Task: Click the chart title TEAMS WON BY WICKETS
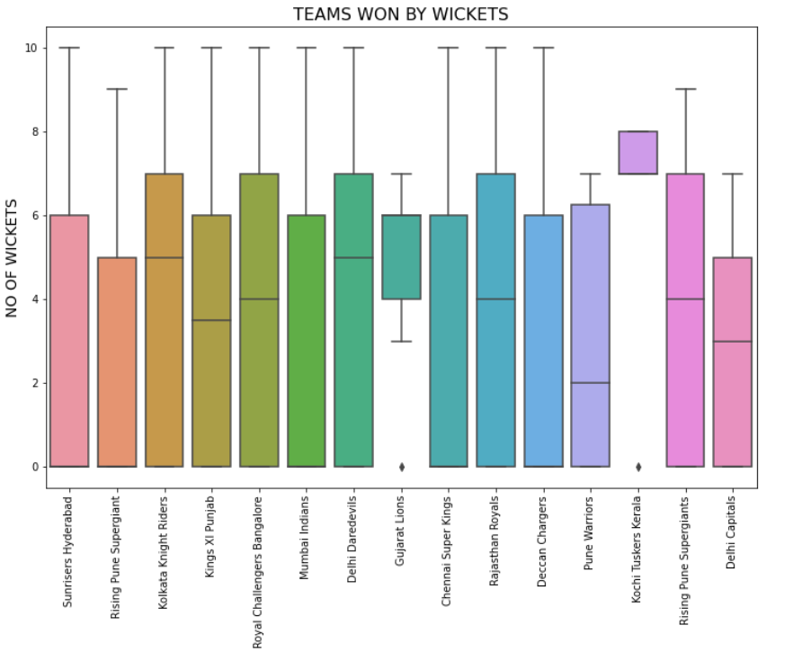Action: [401, 14]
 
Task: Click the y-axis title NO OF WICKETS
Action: [13, 258]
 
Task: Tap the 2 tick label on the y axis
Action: [36, 383]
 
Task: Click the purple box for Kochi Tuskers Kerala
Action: [637, 152]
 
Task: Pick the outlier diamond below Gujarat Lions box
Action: [401, 467]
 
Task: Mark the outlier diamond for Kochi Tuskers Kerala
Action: [637, 467]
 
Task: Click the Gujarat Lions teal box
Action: [401, 256]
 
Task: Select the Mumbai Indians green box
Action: [307, 341]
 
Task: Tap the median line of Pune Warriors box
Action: [590, 383]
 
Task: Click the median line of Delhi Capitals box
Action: [732, 342]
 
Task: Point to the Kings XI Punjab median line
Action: [211, 320]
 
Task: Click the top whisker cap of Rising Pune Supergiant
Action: [117, 89]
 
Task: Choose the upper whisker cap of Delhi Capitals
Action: [732, 174]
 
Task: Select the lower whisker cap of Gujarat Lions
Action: [401, 342]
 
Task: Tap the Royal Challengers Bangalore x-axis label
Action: [259, 571]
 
